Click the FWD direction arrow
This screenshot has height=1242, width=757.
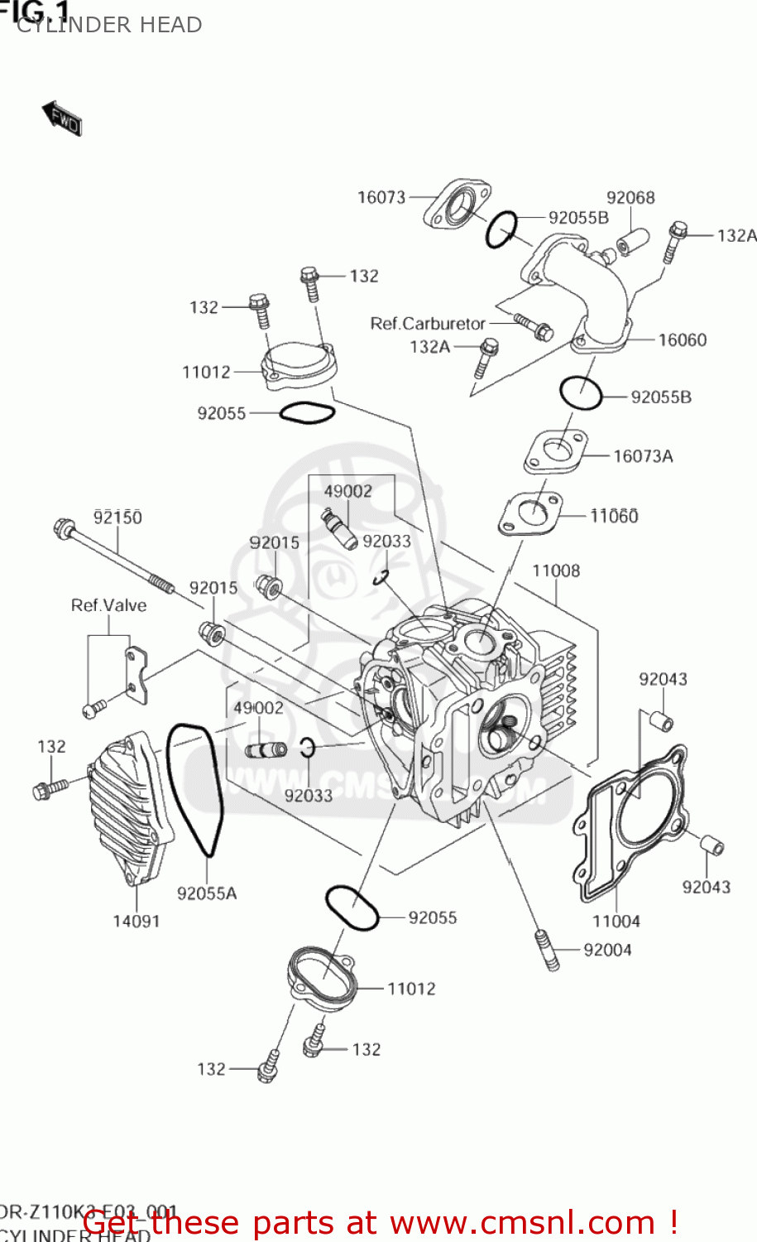pyautogui.click(x=61, y=118)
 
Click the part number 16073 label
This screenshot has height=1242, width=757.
pyautogui.click(x=381, y=197)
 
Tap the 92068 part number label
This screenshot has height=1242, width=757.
pyautogui.click(x=630, y=197)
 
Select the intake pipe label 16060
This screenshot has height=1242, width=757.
pyautogui.click(x=683, y=339)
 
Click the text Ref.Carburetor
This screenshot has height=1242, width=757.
pyautogui.click(x=427, y=323)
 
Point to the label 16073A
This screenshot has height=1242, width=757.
pyautogui.click(x=643, y=456)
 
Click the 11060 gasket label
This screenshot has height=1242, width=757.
pyautogui.click(x=614, y=516)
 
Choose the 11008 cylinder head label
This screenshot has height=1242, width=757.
pyautogui.click(x=556, y=570)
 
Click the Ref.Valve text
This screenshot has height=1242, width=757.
pyautogui.click(x=108, y=605)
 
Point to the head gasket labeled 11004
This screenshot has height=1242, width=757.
pyautogui.click(x=632, y=820)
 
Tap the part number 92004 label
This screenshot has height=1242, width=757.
pyautogui.click(x=607, y=950)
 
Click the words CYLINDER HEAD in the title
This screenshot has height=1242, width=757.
pyautogui.click(x=109, y=25)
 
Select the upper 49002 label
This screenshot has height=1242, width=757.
pyautogui.click(x=348, y=491)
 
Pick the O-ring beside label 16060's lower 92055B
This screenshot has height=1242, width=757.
pyautogui.click(x=581, y=392)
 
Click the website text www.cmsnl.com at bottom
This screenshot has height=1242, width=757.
pyautogui.click(x=521, y=1222)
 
